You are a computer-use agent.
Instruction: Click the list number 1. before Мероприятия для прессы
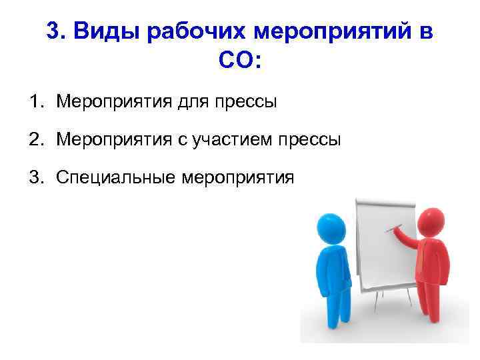click(x=37, y=101)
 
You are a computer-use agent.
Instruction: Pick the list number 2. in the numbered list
click(x=37, y=139)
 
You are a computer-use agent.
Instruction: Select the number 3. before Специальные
click(x=37, y=177)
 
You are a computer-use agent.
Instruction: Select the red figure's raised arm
click(x=407, y=237)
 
